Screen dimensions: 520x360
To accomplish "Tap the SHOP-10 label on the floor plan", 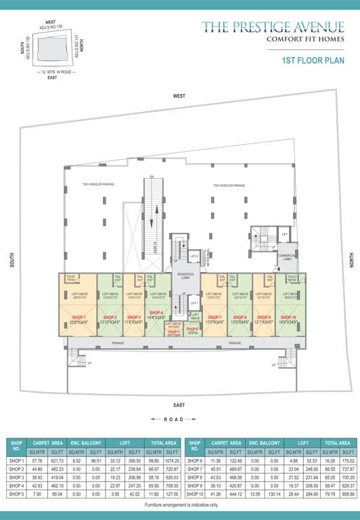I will (x=288, y=317).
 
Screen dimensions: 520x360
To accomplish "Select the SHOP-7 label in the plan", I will (x=213, y=317).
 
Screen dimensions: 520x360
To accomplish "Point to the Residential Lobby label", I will (x=185, y=274).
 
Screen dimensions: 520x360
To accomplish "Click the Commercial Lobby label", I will (x=287, y=257).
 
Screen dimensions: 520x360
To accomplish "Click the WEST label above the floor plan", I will (x=179, y=97).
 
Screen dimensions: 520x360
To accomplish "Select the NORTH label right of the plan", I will (x=351, y=260).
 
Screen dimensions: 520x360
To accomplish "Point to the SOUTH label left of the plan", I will (x=11, y=260).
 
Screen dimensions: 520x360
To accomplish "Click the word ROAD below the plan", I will (x=179, y=420).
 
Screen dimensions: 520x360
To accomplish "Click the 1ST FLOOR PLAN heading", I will (x=313, y=60).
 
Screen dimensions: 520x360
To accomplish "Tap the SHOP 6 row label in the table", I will (x=196, y=460).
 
